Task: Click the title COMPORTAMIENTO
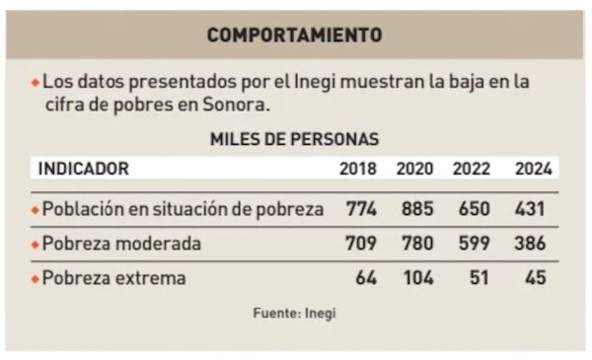coord(294,36)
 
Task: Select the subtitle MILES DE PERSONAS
coord(294,140)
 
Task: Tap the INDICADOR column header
coord(83,169)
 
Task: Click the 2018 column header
coord(357,169)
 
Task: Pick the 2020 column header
coord(414,169)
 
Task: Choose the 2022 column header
coord(472,169)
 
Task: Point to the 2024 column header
coord(533,169)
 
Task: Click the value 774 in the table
coord(362,209)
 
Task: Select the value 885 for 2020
coord(417,209)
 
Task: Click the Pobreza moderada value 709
coord(362,244)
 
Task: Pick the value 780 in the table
coord(417,244)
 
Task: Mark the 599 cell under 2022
coord(474,244)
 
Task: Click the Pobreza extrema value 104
coord(417,279)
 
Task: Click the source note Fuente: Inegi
coord(294,314)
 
